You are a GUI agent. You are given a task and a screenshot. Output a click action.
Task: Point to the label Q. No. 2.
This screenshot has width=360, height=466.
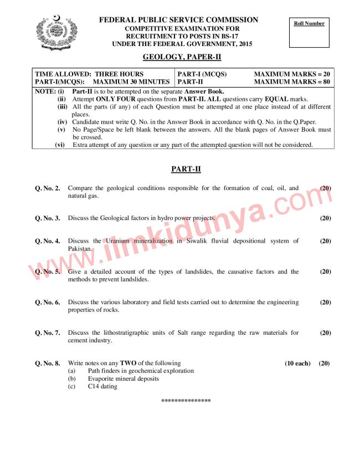pos(48,188)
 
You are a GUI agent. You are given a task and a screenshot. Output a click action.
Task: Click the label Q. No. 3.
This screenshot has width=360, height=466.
pos(48,218)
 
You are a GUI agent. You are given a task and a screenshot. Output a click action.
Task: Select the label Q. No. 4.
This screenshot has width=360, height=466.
pos(48,241)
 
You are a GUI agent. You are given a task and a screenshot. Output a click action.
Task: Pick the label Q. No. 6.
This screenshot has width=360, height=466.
pos(48,303)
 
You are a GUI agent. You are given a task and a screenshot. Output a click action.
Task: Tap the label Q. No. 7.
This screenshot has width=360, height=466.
pos(48,333)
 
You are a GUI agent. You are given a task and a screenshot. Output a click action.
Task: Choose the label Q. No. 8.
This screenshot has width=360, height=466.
pos(48,363)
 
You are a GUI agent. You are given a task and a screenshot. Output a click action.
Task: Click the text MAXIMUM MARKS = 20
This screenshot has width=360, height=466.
pos(292,74)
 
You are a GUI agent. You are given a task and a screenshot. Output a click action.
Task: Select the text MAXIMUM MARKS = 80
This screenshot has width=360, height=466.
pos(292,81)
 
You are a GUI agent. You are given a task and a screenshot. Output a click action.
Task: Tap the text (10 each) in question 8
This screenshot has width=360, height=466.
pos(297,363)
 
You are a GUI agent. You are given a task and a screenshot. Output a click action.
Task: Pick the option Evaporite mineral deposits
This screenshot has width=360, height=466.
pos(123,379)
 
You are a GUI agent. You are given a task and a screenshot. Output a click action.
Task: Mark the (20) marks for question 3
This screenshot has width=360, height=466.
pos(325,218)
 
